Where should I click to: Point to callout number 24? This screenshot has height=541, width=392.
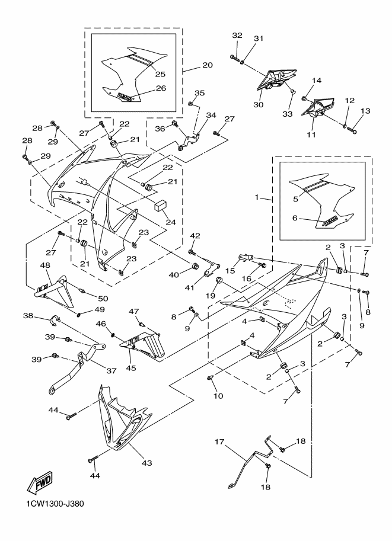pyautogui.click(x=171, y=222)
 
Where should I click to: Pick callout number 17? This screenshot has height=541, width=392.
pyautogui.click(x=219, y=441)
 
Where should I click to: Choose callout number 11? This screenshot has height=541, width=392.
pyautogui.click(x=312, y=135)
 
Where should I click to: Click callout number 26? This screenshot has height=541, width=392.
pyautogui.click(x=161, y=88)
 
